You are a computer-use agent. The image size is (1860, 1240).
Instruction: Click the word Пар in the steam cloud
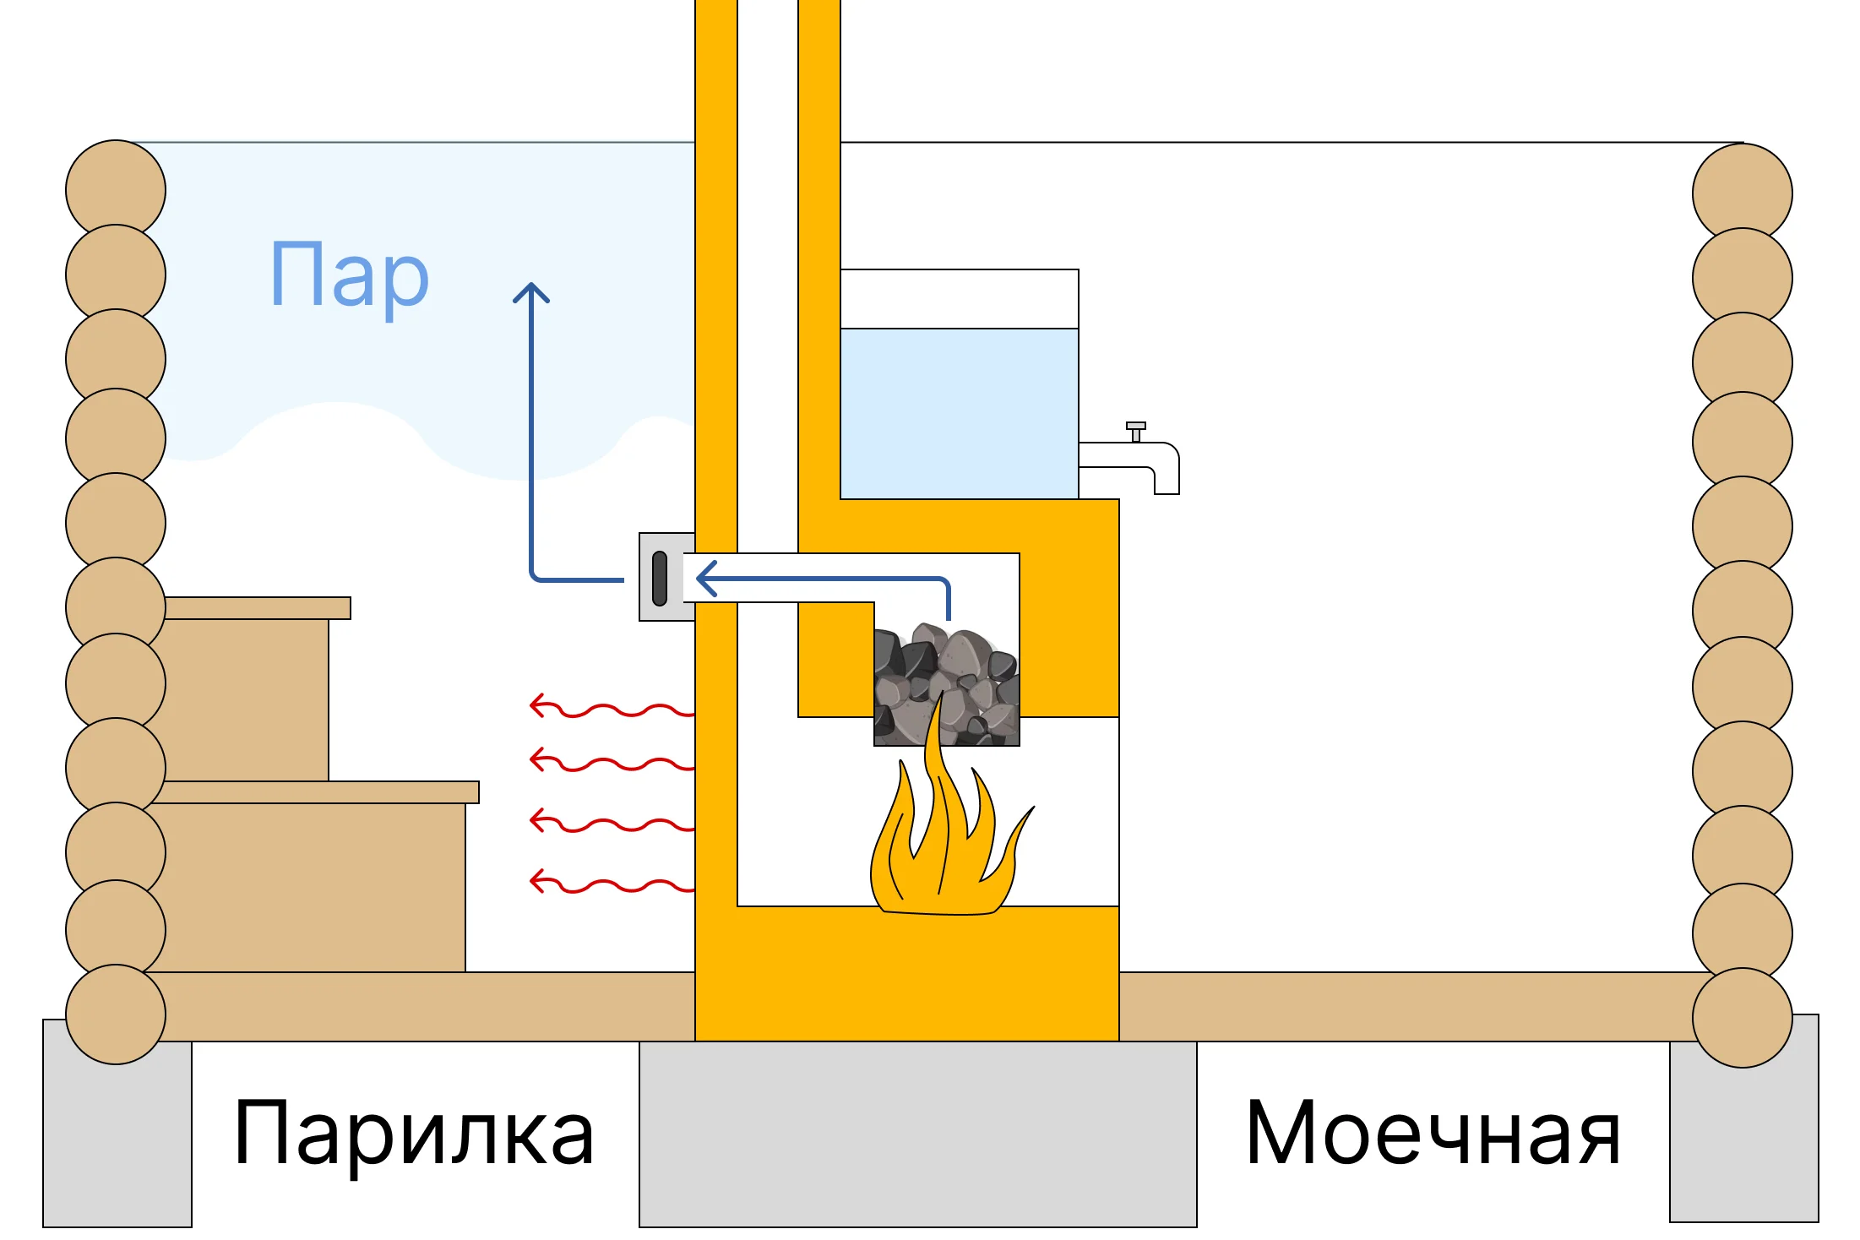[350, 275]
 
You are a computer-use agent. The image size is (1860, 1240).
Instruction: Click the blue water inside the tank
[959, 414]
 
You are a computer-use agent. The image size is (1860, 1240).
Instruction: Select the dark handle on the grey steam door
[660, 579]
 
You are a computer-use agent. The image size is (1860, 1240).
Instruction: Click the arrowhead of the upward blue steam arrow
[531, 292]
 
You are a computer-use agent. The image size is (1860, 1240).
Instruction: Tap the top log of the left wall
[116, 189]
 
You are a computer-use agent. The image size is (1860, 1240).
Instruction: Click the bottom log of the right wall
[1742, 1017]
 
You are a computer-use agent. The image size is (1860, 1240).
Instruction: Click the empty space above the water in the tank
[959, 299]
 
